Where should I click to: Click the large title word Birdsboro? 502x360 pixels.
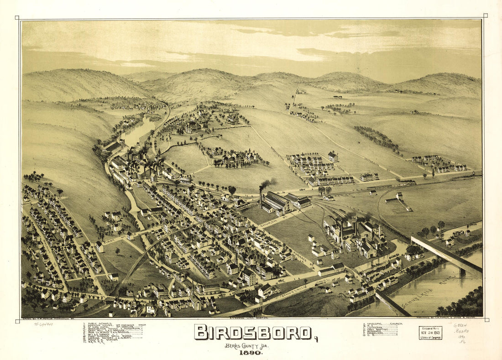coord(253,332)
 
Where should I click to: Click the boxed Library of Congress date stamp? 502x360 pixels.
coord(430,333)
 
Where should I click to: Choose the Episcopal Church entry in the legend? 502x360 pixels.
coord(383,324)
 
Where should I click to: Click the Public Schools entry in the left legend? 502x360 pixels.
coord(98,324)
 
